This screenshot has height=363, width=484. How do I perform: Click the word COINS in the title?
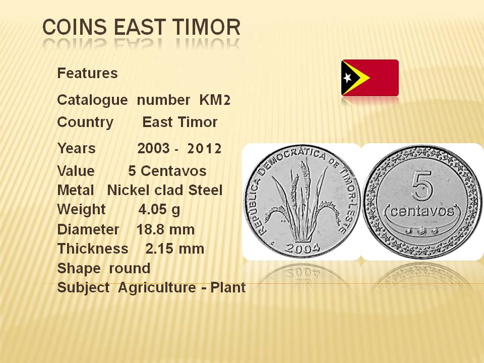(x=75, y=27)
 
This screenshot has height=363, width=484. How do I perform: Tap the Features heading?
(x=87, y=73)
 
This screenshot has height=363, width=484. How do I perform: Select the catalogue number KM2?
(x=215, y=100)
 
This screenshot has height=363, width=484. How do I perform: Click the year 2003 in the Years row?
(x=154, y=148)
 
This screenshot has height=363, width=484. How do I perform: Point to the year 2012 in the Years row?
(x=204, y=148)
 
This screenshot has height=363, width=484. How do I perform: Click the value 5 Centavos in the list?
(x=167, y=171)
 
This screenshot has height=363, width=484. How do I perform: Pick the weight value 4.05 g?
(x=159, y=210)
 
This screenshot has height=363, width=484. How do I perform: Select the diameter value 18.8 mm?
(x=165, y=229)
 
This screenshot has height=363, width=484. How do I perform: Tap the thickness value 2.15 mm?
(x=175, y=249)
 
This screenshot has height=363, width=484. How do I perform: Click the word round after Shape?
(x=130, y=268)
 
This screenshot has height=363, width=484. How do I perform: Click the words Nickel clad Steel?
(x=164, y=190)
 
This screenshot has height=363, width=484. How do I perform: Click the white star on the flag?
(x=347, y=78)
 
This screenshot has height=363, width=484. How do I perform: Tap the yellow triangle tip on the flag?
(x=370, y=78)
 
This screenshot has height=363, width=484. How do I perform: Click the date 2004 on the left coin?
(x=302, y=248)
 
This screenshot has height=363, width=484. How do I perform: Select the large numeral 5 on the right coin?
(x=421, y=186)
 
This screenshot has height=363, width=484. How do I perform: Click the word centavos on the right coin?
(x=422, y=211)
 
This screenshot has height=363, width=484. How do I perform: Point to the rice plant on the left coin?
(x=302, y=200)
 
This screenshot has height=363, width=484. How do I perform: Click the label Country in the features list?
(x=85, y=122)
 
